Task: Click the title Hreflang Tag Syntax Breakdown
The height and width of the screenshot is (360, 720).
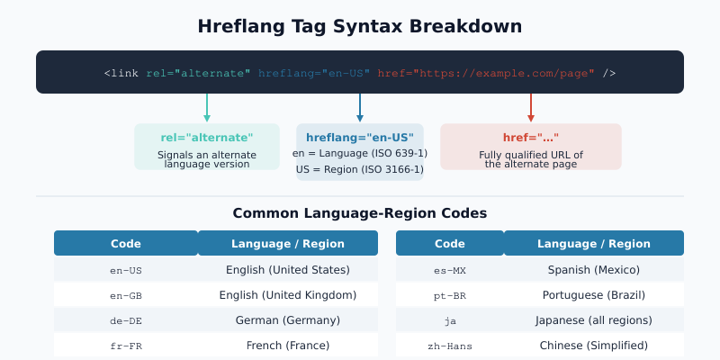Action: click(x=360, y=27)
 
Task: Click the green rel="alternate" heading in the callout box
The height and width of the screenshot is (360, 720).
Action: click(x=207, y=138)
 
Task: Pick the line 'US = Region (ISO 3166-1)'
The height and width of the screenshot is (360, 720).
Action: click(x=360, y=169)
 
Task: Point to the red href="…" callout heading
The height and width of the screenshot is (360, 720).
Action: click(x=531, y=138)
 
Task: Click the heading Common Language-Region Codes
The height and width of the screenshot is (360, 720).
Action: click(x=360, y=213)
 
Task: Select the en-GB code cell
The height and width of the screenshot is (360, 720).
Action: click(x=126, y=295)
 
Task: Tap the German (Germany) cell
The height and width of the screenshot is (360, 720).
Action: click(x=288, y=320)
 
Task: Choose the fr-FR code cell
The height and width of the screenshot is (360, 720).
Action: click(x=126, y=346)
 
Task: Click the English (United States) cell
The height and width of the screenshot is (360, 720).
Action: click(x=288, y=270)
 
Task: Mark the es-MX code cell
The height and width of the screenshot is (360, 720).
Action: click(x=450, y=270)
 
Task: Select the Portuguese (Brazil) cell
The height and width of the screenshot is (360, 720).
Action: click(x=594, y=295)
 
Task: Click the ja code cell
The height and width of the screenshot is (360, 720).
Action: click(x=450, y=320)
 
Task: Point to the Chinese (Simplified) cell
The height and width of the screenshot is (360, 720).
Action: click(x=594, y=346)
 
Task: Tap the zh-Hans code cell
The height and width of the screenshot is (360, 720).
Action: click(x=450, y=346)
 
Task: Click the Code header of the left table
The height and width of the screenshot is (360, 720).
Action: click(x=126, y=244)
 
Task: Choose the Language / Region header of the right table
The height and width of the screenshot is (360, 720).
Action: click(x=594, y=244)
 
